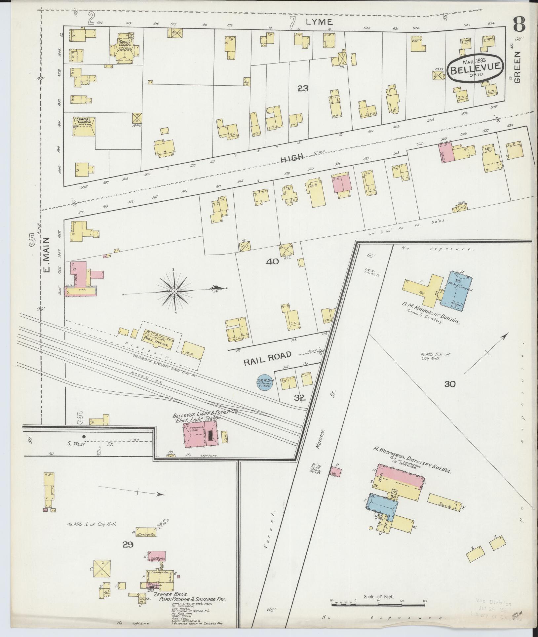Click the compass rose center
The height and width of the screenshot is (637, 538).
pyautogui.click(x=174, y=291)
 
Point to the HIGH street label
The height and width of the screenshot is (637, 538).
pyautogui.click(x=292, y=158)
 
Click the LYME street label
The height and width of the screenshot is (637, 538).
pyautogui.click(x=319, y=22)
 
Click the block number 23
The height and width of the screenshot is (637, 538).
pyautogui.click(x=303, y=88)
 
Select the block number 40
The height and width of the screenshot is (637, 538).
pyautogui.click(x=273, y=261)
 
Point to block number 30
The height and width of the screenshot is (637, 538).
pyautogui.click(x=450, y=384)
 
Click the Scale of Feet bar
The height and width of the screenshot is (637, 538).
pyautogui.click(x=378, y=604)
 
